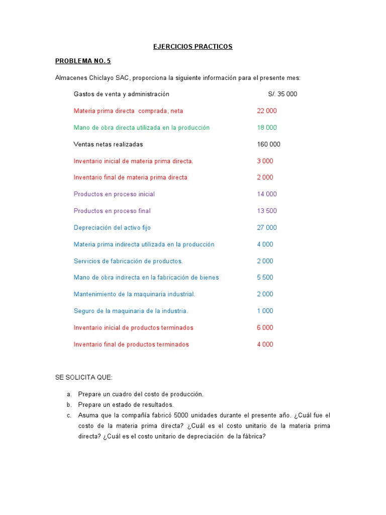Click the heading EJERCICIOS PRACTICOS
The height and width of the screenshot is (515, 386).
193,47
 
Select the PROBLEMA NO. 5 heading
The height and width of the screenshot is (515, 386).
83,61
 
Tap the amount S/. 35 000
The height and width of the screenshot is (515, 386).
282,94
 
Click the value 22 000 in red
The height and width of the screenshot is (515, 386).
267,111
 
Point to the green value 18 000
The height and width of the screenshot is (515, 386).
267,128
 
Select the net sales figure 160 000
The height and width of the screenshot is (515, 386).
268,144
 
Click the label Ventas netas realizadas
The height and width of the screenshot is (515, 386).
108,144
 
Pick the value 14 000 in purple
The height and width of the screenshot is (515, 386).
267,194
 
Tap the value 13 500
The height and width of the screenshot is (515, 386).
267,211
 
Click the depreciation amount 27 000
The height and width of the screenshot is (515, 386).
267,228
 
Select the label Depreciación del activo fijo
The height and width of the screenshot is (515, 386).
112,228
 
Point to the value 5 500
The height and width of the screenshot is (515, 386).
265,278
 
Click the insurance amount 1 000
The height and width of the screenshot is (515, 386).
265,311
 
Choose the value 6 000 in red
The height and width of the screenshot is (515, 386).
265,328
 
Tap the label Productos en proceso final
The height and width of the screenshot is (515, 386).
112,211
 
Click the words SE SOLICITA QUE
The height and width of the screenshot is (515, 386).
84,377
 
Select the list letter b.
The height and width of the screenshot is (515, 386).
69,405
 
